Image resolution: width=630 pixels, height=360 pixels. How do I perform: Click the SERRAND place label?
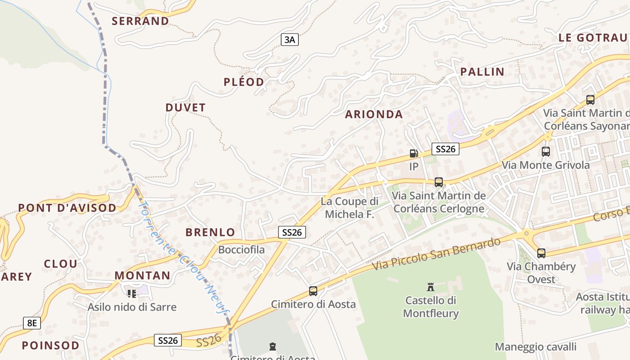pyautogui.click(x=140, y=21)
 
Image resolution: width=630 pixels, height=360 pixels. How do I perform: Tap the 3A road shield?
pyautogui.click(x=290, y=40)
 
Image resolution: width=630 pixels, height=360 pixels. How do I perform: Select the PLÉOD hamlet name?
pyautogui.click(x=244, y=82)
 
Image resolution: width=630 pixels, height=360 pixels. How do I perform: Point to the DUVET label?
pyautogui.click(x=185, y=108)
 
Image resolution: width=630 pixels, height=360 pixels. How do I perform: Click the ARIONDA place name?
pyautogui.click(x=374, y=115)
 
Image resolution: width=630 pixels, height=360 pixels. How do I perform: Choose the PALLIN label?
pyautogui.click(x=482, y=72)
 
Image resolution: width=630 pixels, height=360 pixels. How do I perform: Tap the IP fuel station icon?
pyautogui.click(x=414, y=153)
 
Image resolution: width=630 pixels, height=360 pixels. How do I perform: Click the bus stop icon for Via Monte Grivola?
pyautogui.click(x=546, y=152)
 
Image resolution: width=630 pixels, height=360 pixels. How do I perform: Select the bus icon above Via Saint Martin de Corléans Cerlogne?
pyautogui.click(x=439, y=182)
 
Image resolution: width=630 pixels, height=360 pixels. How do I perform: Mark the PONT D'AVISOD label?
pyautogui.click(x=67, y=208)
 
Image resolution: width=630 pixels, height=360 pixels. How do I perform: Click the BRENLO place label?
pyautogui.click(x=210, y=233)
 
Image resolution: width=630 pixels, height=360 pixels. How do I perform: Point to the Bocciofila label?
pyautogui.click(x=241, y=249)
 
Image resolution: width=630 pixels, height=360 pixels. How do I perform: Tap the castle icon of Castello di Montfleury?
pyautogui.click(x=431, y=287)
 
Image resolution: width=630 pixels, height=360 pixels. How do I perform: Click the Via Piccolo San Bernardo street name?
pyautogui.click(x=436, y=254)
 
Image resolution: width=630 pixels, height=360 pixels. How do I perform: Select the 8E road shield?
pyautogui.click(x=32, y=323)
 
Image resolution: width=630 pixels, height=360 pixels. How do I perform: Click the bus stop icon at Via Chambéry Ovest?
pyautogui.click(x=541, y=253)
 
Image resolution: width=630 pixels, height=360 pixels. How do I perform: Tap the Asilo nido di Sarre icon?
pyautogui.click(x=132, y=294)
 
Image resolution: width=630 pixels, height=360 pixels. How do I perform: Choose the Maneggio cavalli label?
pyautogui.click(x=535, y=347)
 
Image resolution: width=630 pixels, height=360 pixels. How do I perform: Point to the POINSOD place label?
pyautogui.click(x=51, y=346)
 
